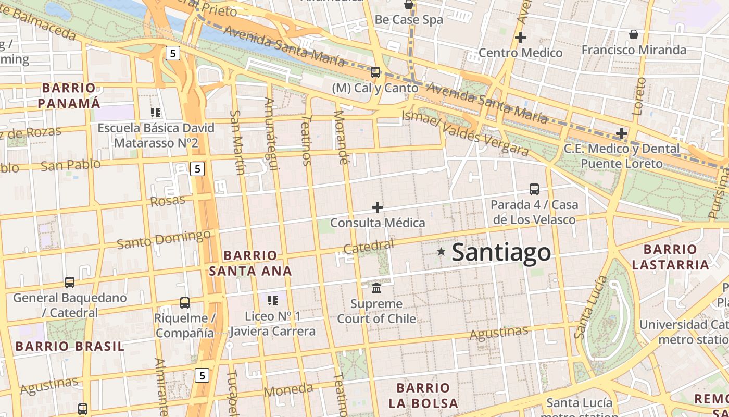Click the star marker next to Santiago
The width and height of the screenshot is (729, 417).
pos(442,252)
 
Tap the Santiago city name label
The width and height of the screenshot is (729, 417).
pos(501,252)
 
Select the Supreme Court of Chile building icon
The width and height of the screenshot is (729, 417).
pos(376,288)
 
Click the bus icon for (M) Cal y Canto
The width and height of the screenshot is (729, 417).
pos(375,72)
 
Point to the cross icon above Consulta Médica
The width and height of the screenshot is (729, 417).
pos(378,207)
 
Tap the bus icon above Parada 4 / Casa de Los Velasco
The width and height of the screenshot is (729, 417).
pos(534,189)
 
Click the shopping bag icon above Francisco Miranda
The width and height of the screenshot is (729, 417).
pos(634,34)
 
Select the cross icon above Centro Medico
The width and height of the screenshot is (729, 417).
pos(520,38)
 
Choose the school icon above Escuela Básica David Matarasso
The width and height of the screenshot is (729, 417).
pos(156,112)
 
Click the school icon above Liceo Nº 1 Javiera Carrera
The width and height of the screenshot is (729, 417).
pos(272,300)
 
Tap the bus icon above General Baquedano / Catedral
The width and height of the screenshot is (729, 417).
pos(70,282)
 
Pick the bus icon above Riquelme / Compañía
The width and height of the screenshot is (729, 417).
pos(184,302)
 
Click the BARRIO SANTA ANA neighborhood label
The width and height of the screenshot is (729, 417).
pos(250,263)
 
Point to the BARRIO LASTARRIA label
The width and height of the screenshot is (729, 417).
pos(670,257)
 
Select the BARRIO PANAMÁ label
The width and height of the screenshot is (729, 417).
pos(69,95)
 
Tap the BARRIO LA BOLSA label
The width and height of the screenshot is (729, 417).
pos(423,396)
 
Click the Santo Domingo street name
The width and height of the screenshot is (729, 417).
pos(164,239)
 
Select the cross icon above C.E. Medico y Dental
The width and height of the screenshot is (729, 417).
pos(621,133)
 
